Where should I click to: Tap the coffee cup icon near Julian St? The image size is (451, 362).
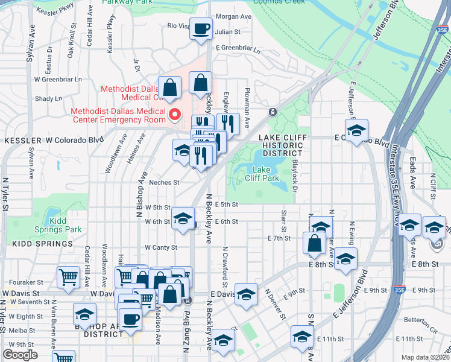click(201, 28)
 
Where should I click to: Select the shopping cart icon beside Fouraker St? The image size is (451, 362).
click(68, 277)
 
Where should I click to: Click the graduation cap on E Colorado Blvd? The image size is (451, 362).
click(356, 131)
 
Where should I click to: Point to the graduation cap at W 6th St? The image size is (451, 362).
click(183, 218)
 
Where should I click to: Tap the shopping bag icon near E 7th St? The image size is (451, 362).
click(314, 244)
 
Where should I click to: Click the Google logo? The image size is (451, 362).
click(20, 355)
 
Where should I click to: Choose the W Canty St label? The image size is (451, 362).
click(160, 247)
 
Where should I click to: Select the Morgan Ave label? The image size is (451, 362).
click(233, 16)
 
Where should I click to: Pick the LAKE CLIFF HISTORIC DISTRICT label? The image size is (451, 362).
click(283, 145)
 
